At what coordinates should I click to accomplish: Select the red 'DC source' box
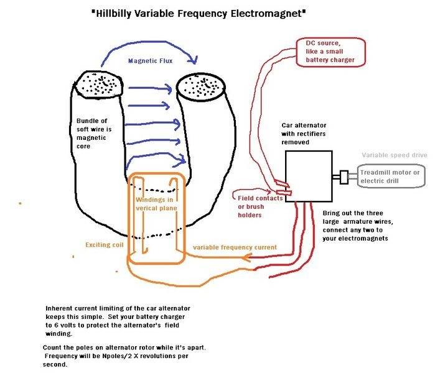[329, 52]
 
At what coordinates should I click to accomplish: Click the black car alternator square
[309, 177]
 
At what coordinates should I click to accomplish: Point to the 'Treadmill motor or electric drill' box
[390, 177]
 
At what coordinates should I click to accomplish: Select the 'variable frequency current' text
[235, 247]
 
